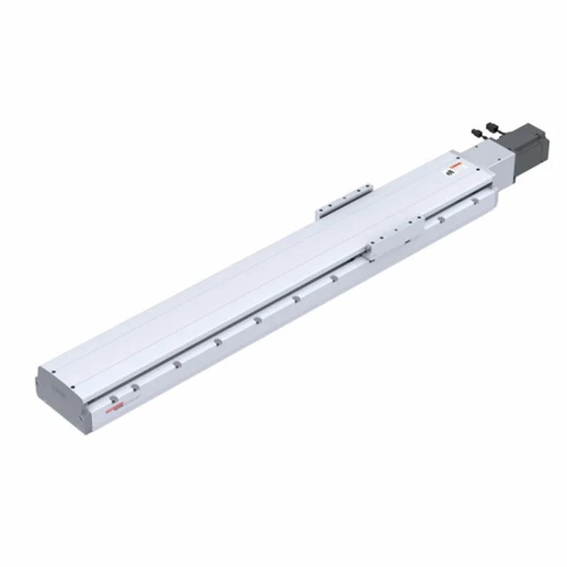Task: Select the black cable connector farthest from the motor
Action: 477,133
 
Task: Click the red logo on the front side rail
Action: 114,408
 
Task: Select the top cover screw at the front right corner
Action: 73,387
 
